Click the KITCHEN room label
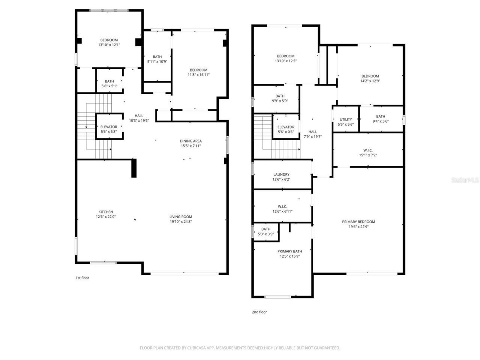(106, 212)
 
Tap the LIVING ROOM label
(181, 217)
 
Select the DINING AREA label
(191, 141)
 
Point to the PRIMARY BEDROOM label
(358, 222)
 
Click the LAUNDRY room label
(281, 174)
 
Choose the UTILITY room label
(346, 120)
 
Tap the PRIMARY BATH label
(289, 251)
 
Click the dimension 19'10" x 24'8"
(181, 222)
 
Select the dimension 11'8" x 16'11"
(198, 75)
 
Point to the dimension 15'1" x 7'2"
(368, 155)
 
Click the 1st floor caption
(82, 278)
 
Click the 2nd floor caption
(259, 312)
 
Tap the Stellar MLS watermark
(465, 180)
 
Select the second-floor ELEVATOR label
(286, 127)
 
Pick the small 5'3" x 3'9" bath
(266, 231)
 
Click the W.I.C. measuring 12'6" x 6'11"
(282, 209)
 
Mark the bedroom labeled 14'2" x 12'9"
(370, 78)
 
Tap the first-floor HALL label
(139, 115)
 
